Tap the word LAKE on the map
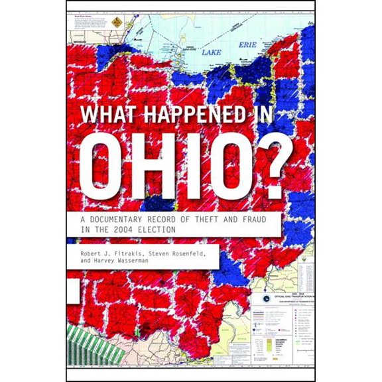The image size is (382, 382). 211,50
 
